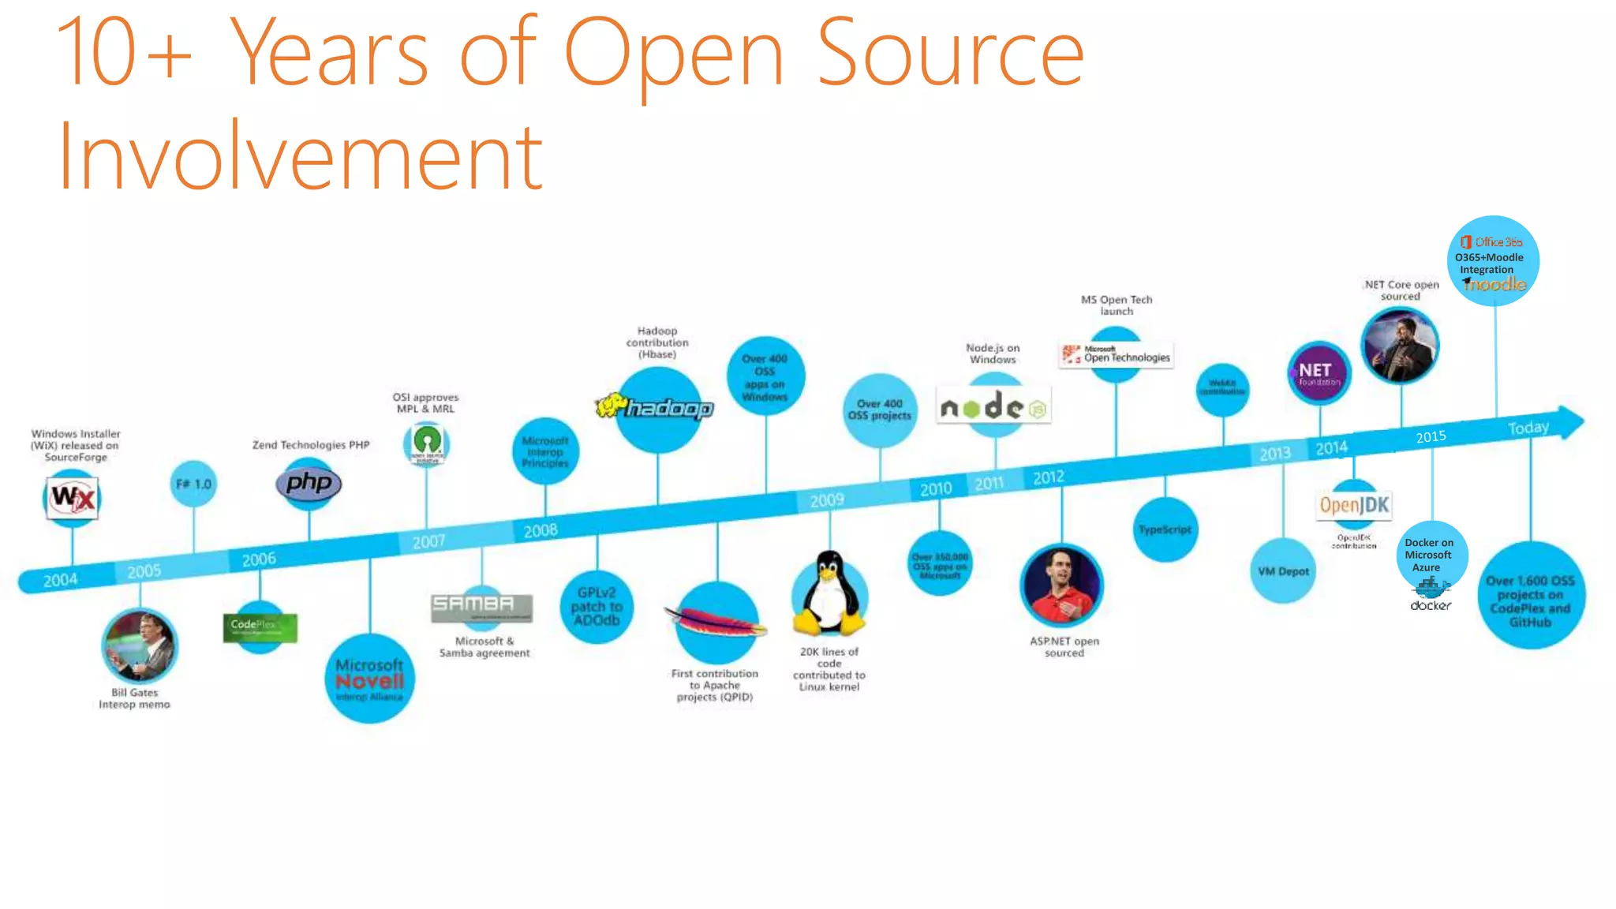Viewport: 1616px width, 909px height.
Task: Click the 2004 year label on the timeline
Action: coord(61,581)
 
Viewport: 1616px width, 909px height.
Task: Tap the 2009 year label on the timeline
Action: coord(827,500)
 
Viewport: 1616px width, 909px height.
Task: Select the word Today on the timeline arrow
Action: coord(1528,428)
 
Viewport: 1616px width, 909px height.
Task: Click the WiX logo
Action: coord(73,498)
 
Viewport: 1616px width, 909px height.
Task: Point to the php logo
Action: coord(309,483)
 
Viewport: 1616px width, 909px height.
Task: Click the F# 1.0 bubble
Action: coord(193,484)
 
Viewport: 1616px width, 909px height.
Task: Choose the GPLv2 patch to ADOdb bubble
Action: coord(597,607)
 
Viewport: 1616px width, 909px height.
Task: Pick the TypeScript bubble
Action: coord(1165,529)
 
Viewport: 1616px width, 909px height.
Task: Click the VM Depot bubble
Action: coord(1283,571)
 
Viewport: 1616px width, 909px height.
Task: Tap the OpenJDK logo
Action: coord(1354,505)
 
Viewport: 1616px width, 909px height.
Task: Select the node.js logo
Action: coord(993,407)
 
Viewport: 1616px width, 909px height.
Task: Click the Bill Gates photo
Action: coord(140,646)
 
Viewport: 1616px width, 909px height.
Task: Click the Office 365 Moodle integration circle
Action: coord(1494,261)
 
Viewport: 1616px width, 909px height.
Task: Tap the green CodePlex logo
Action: coord(260,627)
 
